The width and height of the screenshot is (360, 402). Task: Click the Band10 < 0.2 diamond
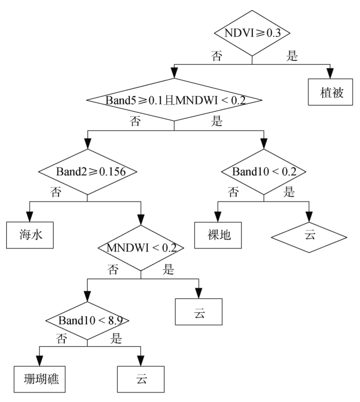[263, 171]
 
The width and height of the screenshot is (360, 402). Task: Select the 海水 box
[30, 235]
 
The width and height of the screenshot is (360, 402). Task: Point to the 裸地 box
[217, 235]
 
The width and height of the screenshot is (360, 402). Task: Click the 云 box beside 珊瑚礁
[141, 379]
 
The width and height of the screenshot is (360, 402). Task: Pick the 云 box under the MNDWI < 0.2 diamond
[199, 312]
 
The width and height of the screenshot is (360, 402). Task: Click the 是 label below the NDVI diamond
[292, 56]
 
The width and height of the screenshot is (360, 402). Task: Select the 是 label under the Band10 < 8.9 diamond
[117, 338]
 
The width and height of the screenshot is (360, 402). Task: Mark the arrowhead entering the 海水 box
[30, 217]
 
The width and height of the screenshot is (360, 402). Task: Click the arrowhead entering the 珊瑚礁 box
[39, 361]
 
